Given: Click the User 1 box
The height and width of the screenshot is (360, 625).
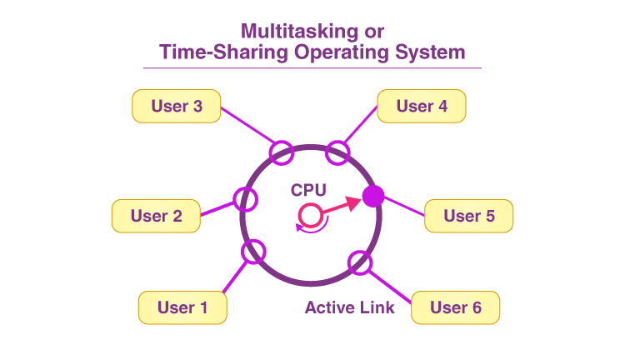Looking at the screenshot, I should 182,307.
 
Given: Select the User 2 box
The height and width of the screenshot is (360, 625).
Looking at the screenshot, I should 156,216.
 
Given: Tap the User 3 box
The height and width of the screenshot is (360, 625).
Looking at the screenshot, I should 176,106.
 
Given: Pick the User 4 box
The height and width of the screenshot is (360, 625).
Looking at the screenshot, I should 421,106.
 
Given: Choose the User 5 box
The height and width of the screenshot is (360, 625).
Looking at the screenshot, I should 468,216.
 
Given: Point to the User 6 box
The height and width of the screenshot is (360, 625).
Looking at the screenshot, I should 455,307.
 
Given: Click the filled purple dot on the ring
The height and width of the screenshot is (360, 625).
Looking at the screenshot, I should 373,197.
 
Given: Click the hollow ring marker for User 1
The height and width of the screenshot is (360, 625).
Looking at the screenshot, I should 252,251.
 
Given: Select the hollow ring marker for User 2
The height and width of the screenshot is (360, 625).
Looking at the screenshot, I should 245,199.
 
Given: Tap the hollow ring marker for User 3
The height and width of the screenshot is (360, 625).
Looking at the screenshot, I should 282,152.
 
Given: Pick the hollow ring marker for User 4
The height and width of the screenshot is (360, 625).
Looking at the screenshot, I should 337,152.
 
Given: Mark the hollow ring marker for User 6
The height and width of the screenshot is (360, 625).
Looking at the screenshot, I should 360,261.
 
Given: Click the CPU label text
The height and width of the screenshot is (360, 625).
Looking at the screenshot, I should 308,190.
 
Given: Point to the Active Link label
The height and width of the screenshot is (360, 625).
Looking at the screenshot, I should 349,307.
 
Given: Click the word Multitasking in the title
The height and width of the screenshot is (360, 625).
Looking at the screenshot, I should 293,32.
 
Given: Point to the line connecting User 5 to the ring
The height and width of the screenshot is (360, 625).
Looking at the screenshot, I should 403,207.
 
